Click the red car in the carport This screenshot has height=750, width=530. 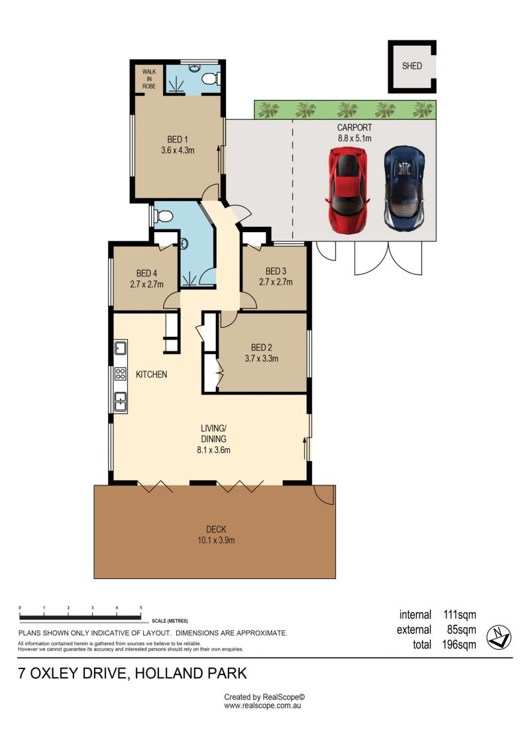(x=348, y=190)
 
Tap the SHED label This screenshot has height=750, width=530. (x=412, y=66)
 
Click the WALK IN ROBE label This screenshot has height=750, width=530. (x=149, y=79)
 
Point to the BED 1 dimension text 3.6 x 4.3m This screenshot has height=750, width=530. (x=178, y=150)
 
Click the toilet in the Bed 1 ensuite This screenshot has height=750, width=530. (x=211, y=78)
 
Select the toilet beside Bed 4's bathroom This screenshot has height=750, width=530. (x=163, y=217)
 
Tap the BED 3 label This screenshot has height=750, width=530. (x=276, y=271)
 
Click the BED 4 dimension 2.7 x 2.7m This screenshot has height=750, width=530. (x=146, y=284)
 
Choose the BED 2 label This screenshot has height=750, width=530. (x=262, y=347)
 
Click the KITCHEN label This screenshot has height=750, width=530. (x=152, y=375)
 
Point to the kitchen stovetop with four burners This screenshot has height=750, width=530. (x=121, y=373)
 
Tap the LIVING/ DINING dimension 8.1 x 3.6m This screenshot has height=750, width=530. (x=213, y=450)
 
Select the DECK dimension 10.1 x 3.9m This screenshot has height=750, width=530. (x=216, y=540)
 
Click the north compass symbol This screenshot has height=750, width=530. (x=499, y=637)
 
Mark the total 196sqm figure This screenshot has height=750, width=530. (x=459, y=645)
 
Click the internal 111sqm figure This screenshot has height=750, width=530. (x=460, y=615)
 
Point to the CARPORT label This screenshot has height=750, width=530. (x=354, y=128)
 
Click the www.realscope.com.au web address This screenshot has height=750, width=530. (x=262, y=706)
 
